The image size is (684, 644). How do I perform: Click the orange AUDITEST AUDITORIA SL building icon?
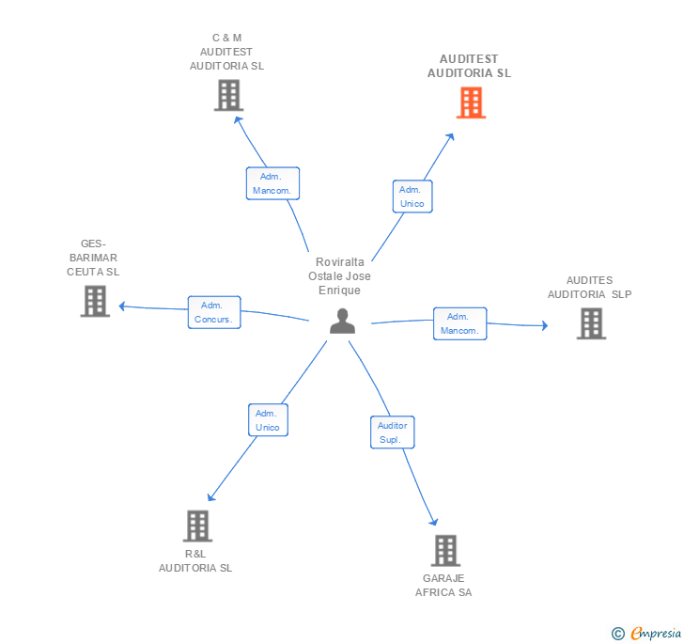(x=471, y=102)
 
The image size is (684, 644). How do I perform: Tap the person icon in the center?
(x=343, y=321)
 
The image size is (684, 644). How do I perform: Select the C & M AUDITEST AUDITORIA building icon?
(x=228, y=95)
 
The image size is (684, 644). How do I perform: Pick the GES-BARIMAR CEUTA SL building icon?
(x=95, y=301)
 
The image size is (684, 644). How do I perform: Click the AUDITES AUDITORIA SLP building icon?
(x=590, y=323)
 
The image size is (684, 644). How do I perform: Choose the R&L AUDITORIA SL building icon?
(x=197, y=526)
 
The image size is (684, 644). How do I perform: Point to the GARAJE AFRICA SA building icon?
(x=445, y=551)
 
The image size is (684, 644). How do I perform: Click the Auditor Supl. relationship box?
(x=392, y=432)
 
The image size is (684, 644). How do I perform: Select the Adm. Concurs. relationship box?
(x=214, y=312)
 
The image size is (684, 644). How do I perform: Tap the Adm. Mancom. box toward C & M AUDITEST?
(x=272, y=183)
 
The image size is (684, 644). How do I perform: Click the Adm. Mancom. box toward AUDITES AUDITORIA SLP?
(x=459, y=323)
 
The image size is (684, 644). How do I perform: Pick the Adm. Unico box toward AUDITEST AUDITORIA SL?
(x=412, y=196)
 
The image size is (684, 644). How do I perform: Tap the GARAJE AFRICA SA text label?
(x=443, y=585)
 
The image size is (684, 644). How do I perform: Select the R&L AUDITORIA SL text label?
(x=195, y=560)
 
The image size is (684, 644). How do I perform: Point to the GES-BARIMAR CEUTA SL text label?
(x=93, y=257)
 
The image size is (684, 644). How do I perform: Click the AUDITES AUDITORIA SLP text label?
(x=589, y=287)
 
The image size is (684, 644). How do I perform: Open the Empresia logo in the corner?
(x=647, y=633)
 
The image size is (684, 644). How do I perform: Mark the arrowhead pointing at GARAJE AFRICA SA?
(x=434, y=522)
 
